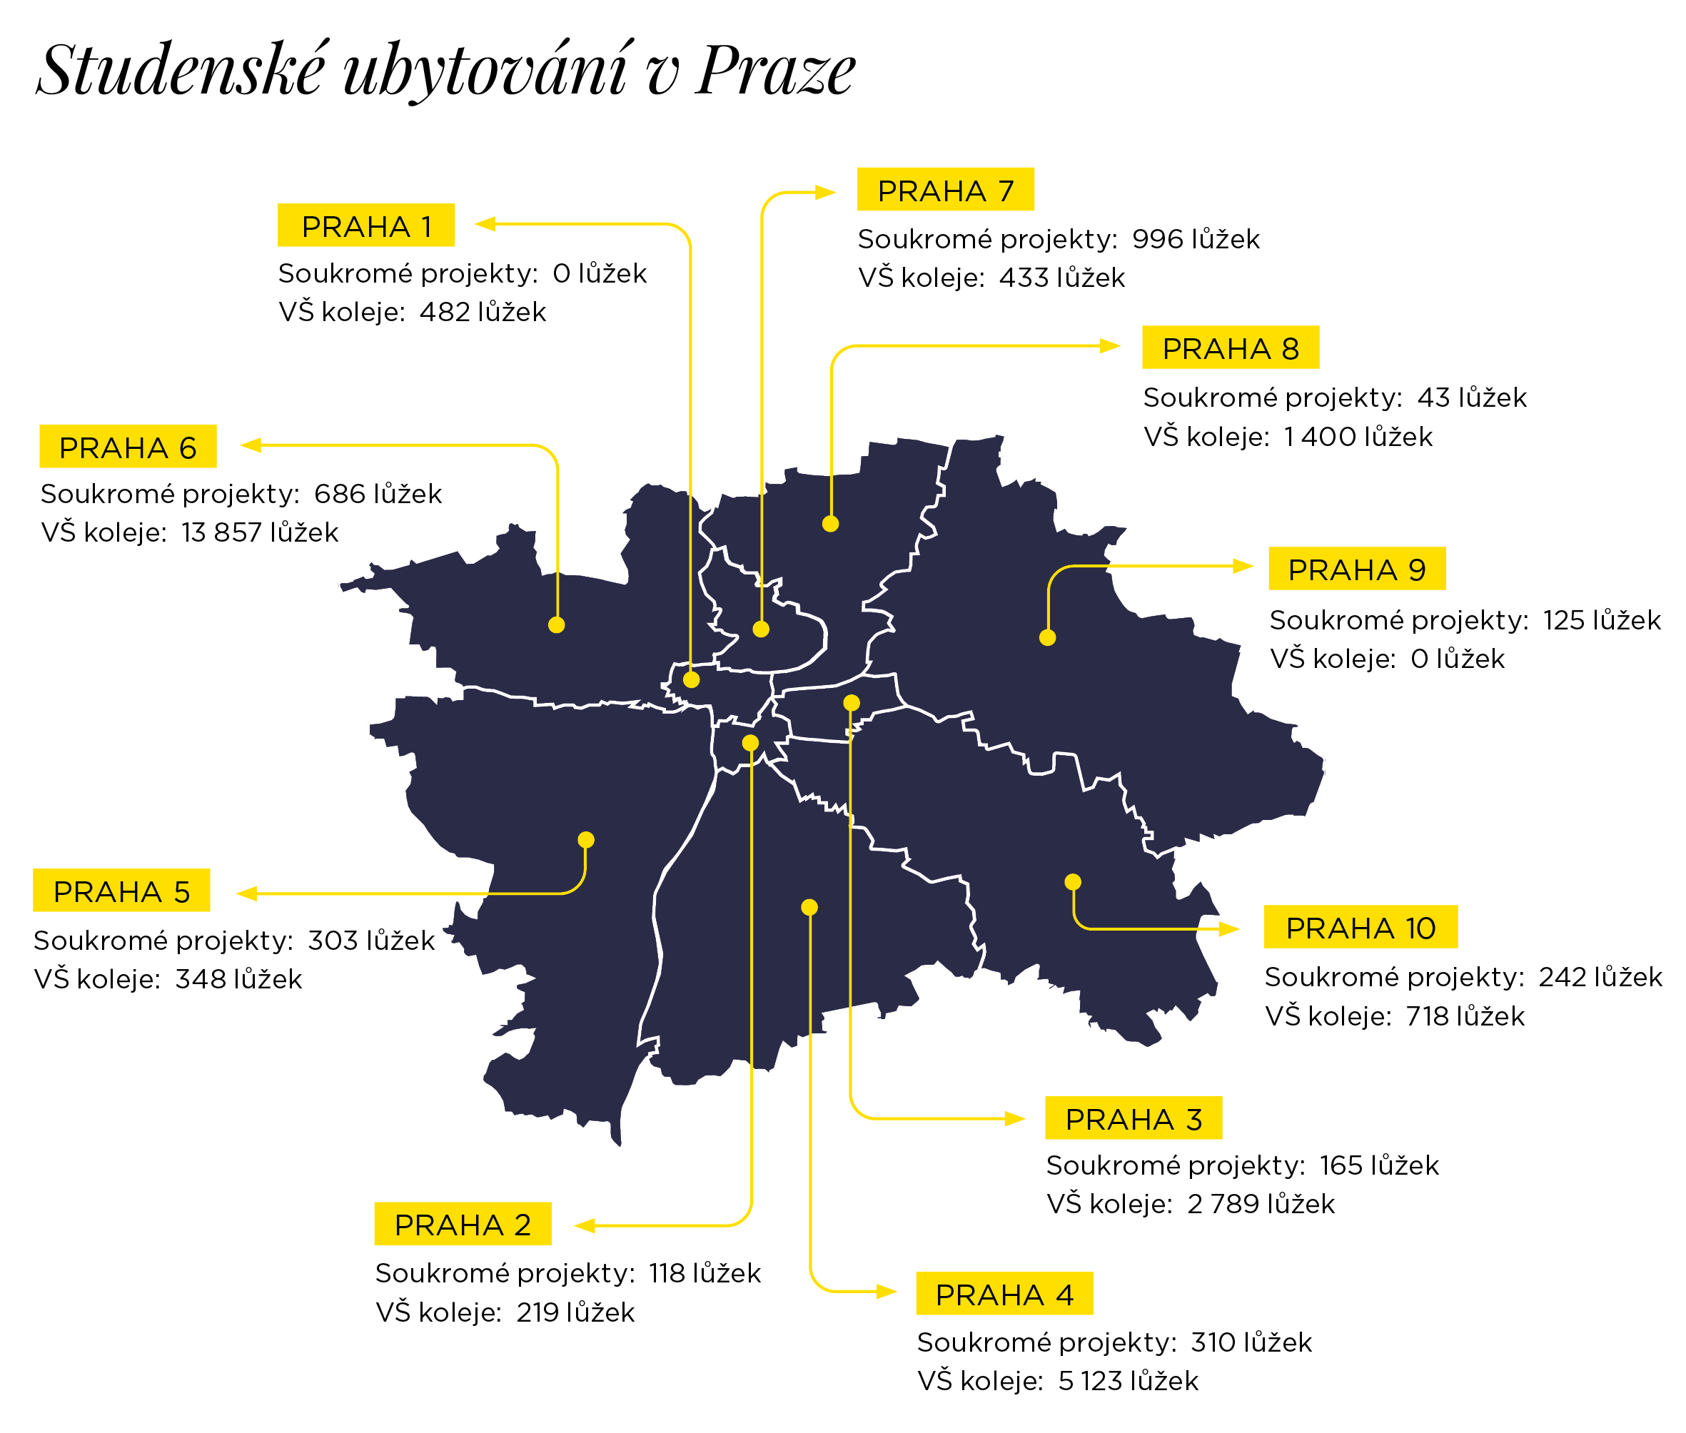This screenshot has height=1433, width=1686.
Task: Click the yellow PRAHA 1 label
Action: pos(365,225)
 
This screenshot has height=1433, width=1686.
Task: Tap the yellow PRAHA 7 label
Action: pos(945,189)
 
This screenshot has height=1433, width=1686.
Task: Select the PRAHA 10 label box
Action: pos(1361,927)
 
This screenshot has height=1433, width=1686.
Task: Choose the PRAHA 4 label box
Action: pos(1004,1293)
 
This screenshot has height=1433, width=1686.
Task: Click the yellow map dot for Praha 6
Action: pos(557,624)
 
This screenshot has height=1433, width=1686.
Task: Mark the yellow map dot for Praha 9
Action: pos(1047,638)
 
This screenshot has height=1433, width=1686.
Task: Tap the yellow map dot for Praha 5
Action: pos(586,840)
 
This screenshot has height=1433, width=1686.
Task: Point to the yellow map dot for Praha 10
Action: pos(1073,882)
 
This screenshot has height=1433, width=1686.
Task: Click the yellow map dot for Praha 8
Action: pos(830,524)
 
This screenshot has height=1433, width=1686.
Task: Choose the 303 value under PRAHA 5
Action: pos(333,940)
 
